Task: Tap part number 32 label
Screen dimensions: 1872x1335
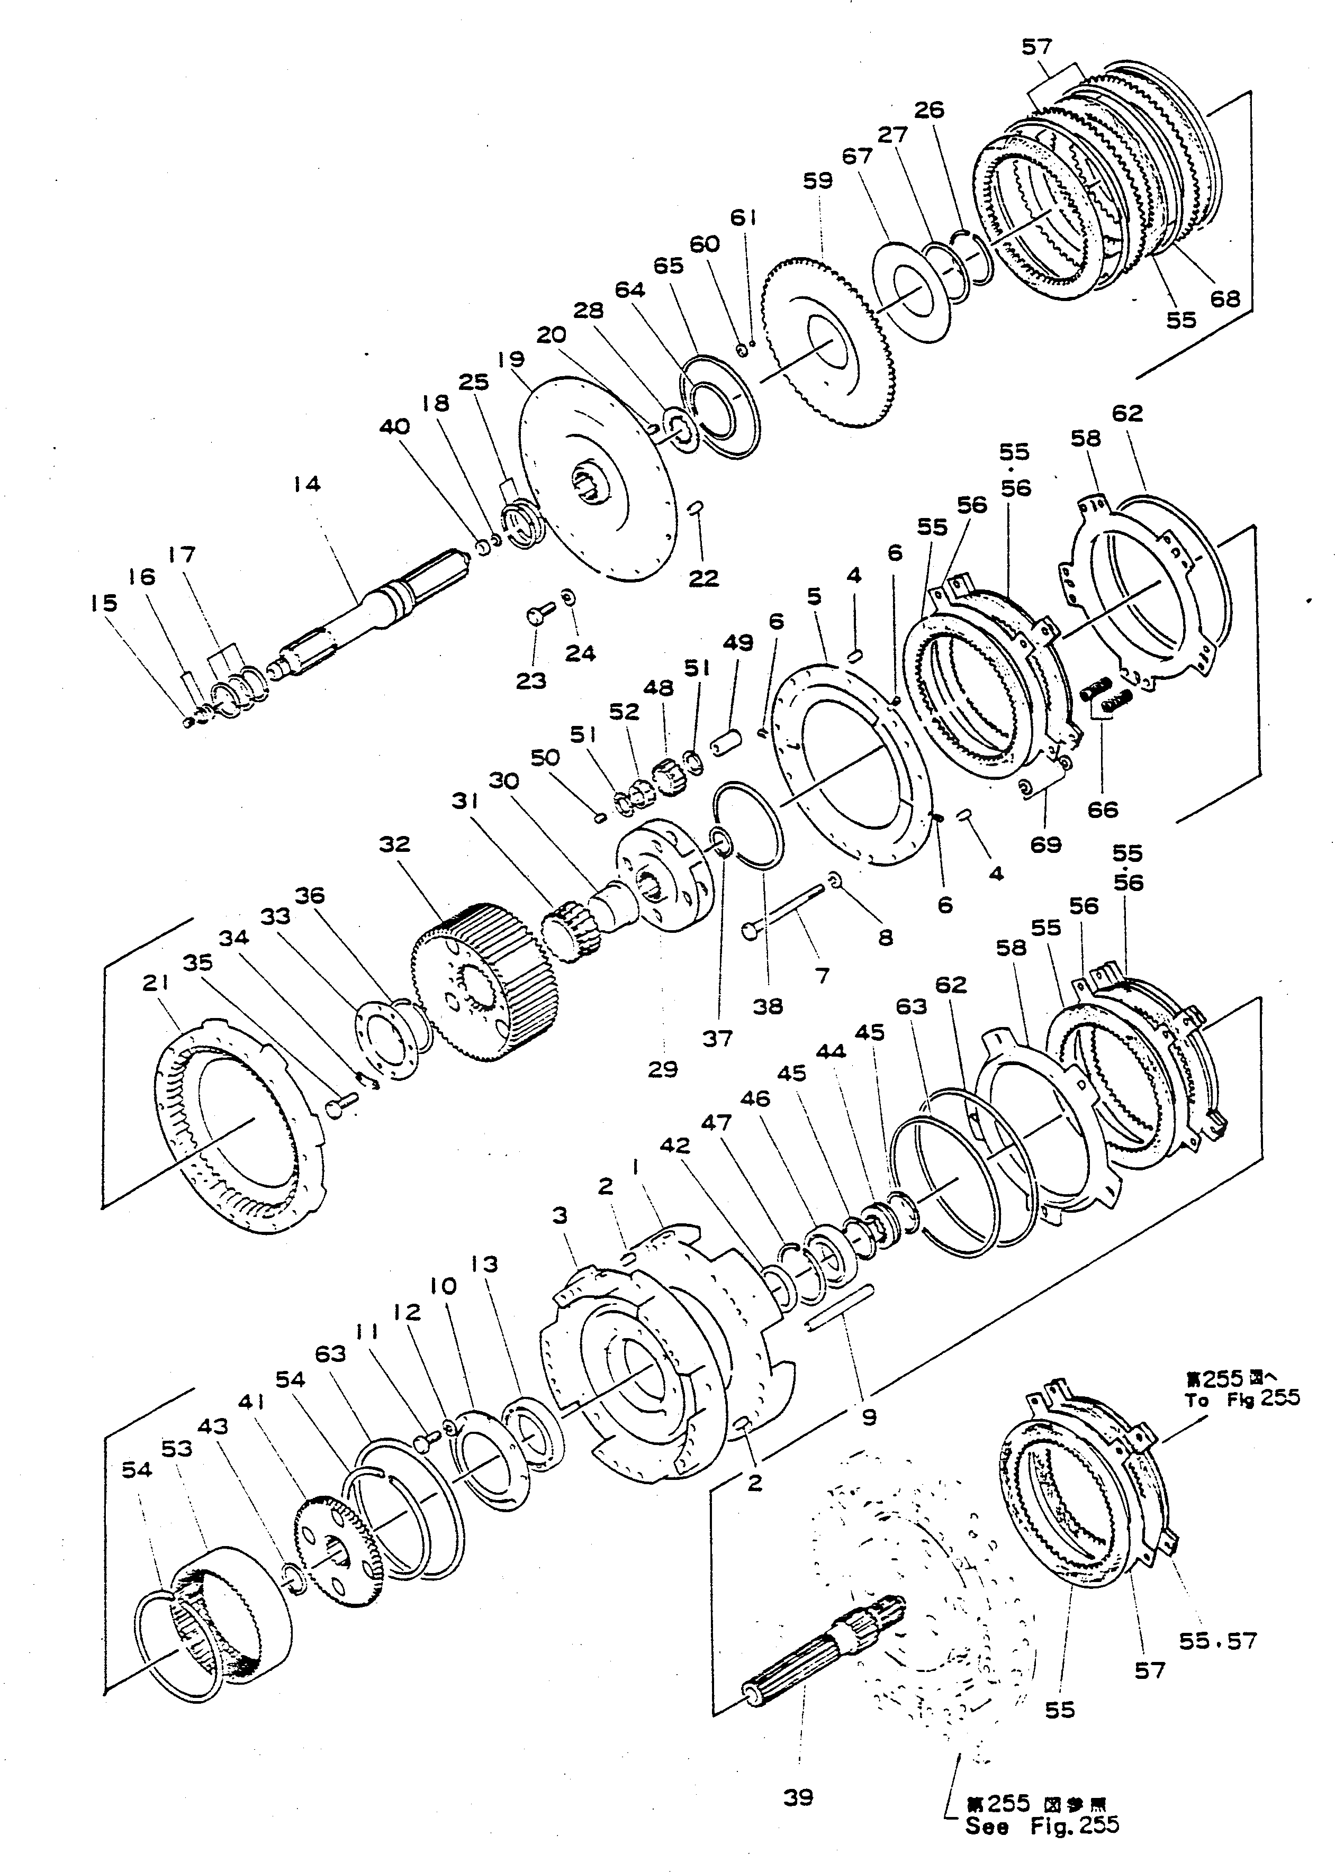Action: (x=394, y=845)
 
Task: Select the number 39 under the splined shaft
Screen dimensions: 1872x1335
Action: (x=797, y=1797)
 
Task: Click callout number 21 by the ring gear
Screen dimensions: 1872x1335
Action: (x=156, y=983)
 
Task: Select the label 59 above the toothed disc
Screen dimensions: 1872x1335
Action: (x=818, y=181)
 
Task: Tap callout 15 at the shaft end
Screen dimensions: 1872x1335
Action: (x=104, y=603)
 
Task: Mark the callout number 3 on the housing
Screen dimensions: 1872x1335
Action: (x=560, y=1215)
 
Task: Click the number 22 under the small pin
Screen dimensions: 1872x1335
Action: (x=703, y=578)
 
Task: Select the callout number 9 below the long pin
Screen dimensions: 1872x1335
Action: (x=869, y=1416)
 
